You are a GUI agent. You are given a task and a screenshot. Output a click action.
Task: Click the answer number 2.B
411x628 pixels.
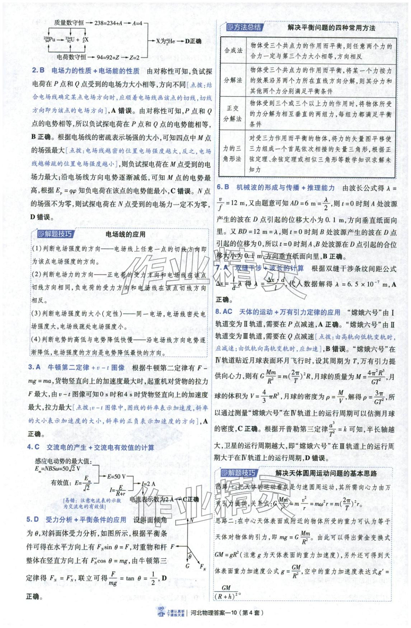(x=38, y=71)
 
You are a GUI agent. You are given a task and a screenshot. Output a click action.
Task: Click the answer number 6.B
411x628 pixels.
(x=223, y=187)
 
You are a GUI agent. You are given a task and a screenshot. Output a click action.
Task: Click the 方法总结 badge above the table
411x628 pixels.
(x=244, y=27)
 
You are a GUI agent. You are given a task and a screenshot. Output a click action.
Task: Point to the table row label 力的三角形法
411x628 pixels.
(x=232, y=153)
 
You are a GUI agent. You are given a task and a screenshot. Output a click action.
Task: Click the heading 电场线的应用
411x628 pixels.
(x=125, y=234)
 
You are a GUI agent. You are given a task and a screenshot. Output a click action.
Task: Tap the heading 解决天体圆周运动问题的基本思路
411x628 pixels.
(x=326, y=473)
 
